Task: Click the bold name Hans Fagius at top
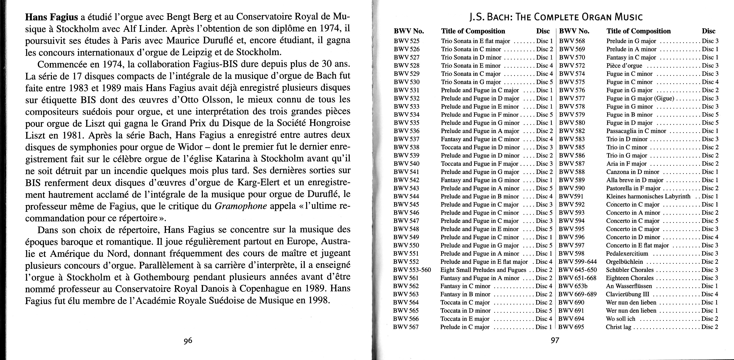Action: click(52, 17)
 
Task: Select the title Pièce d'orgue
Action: click(624, 66)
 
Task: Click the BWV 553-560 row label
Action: click(412, 270)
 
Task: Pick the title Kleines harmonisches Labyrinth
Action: click(648, 196)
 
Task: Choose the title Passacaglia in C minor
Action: click(636, 131)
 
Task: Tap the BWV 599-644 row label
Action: click(577, 262)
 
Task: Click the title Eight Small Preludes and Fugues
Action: click(483, 270)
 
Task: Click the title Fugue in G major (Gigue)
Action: click(640, 98)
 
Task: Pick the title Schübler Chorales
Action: click(630, 270)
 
